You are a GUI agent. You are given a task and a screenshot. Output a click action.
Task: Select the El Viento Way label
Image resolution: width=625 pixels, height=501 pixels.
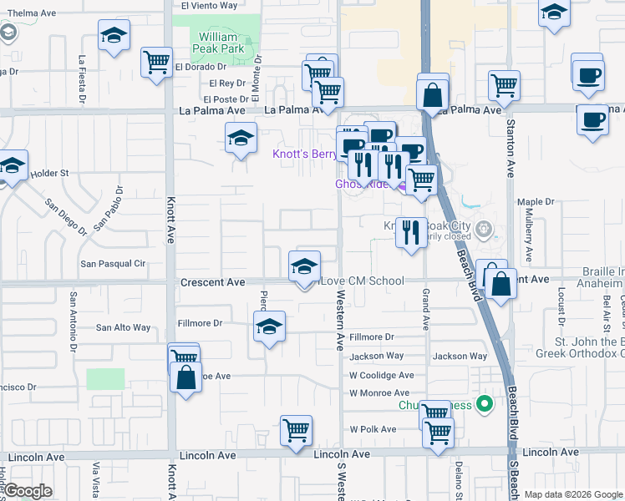204,5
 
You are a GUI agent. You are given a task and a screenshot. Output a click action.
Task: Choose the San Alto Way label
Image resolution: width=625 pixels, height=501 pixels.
124,328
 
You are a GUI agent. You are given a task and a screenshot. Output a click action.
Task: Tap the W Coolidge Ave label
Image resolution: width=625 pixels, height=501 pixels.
381,376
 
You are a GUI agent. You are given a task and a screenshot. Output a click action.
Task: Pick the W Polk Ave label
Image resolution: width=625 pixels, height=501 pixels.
372,429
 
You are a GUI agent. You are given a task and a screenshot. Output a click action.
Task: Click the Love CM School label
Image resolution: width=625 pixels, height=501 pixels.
363,281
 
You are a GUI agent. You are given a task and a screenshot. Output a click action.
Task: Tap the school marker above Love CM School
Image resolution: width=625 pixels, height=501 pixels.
304,266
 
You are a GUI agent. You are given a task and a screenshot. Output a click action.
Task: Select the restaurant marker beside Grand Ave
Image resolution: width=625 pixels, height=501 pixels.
410,232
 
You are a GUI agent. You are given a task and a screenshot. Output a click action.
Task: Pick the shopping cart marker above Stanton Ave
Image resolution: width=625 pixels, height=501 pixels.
504,84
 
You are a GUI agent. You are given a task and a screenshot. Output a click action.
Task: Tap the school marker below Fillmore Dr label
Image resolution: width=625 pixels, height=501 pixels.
269,327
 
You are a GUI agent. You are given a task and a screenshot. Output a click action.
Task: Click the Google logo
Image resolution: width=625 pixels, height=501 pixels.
28,491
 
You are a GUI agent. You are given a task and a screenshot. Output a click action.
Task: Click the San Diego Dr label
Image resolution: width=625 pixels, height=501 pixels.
66,216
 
